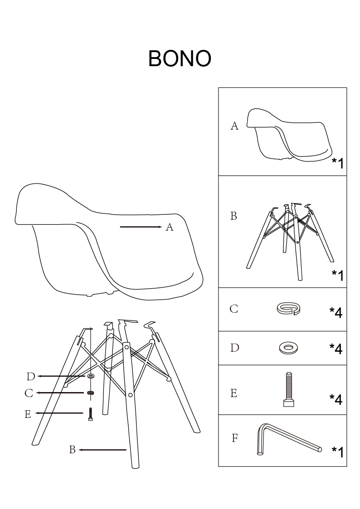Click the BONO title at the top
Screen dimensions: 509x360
tap(180, 58)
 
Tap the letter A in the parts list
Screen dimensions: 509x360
tap(234, 126)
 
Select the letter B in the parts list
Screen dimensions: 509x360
tap(234, 216)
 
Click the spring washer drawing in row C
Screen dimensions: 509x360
tap(289, 309)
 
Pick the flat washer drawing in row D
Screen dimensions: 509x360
tap(288, 348)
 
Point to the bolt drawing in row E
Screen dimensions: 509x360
tap(288, 390)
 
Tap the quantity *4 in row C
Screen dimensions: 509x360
tap(336, 312)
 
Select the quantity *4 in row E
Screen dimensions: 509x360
tap(336, 399)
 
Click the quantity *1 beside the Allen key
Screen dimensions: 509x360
tap(337, 452)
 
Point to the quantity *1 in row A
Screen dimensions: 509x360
tap(337, 163)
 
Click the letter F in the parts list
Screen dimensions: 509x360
tap(234, 438)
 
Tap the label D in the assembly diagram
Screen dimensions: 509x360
tap(30, 377)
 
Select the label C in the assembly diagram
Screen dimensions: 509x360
tap(29, 393)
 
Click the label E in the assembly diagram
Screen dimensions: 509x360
tap(28, 414)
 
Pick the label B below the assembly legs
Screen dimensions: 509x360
tap(72, 450)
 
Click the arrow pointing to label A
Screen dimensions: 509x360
tap(141, 227)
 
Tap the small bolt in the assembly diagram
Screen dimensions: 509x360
tap(91, 414)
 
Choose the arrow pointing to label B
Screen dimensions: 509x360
tap(102, 450)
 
